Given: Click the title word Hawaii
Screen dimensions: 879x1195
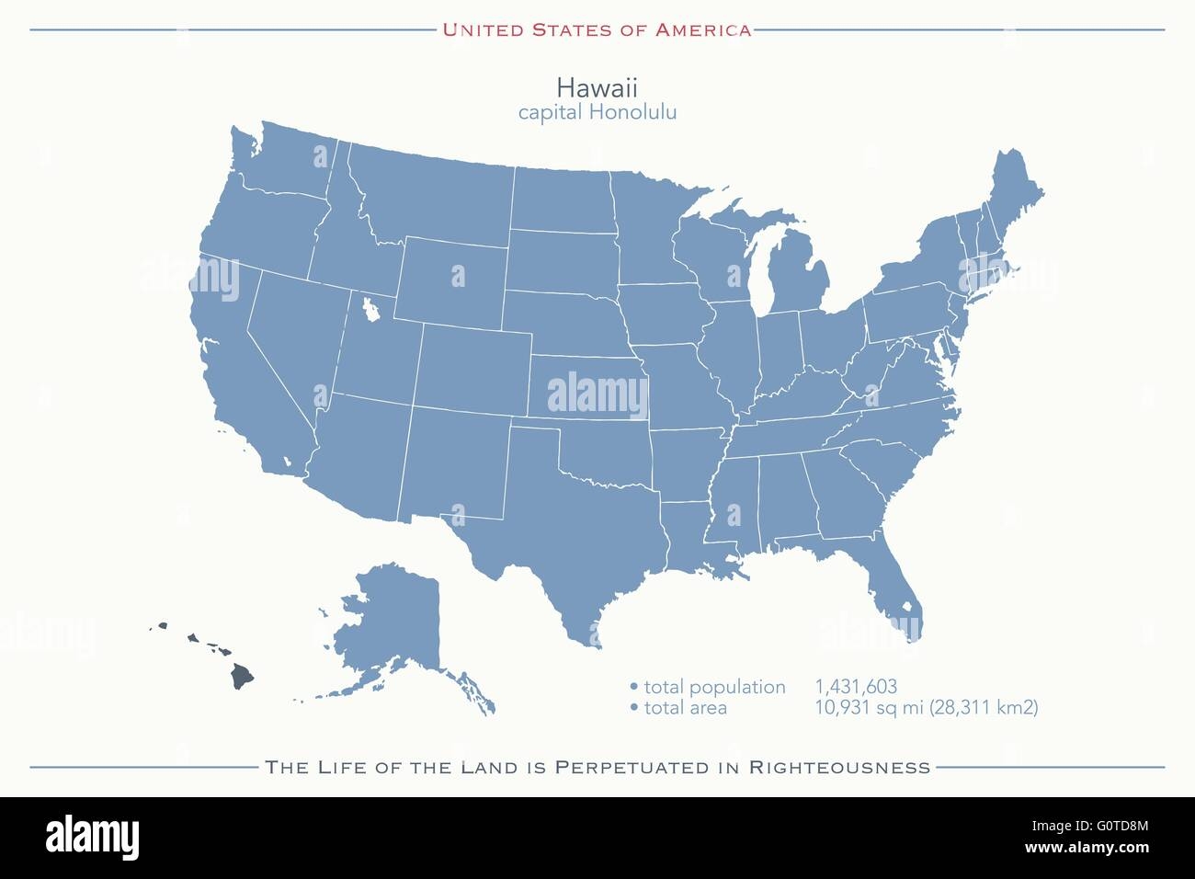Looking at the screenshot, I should (x=597, y=87).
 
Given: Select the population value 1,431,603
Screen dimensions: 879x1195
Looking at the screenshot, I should (x=855, y=687).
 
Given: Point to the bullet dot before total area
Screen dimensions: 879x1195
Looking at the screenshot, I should (x=633, y=708).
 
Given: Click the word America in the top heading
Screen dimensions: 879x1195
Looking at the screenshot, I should (x=702, y=30).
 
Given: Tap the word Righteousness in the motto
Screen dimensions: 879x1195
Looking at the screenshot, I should (x=839, y=767).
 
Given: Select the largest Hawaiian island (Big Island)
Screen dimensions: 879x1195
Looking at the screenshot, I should (x=241, y=676).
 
